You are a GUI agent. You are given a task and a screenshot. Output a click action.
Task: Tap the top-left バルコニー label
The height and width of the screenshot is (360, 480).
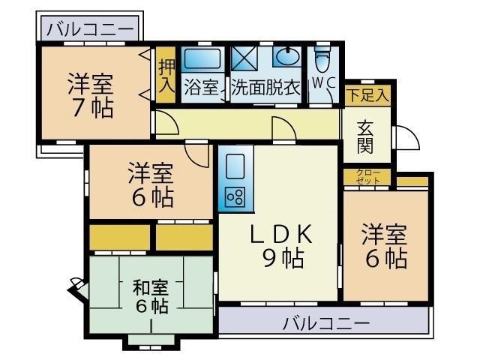91,30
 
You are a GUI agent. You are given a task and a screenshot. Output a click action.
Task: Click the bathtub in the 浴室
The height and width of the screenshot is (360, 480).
200,58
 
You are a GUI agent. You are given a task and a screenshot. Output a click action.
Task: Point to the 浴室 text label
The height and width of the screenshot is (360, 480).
200,87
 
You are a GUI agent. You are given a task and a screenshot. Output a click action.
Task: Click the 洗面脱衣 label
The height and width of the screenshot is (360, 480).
265,87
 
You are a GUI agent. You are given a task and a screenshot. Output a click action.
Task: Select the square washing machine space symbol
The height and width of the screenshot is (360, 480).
244,58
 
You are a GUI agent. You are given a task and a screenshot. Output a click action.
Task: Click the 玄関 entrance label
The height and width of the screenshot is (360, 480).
367,135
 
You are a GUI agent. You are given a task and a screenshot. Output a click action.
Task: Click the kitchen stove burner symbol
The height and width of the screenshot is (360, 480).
234,196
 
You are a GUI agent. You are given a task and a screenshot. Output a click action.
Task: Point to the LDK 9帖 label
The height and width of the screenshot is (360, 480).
280,246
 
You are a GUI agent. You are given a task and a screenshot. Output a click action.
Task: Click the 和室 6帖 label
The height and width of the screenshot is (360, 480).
151,296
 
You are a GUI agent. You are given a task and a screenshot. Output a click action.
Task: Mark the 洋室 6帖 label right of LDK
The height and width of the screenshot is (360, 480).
385,246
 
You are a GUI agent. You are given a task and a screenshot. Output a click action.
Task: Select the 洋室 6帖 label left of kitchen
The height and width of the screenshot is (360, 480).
150,185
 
